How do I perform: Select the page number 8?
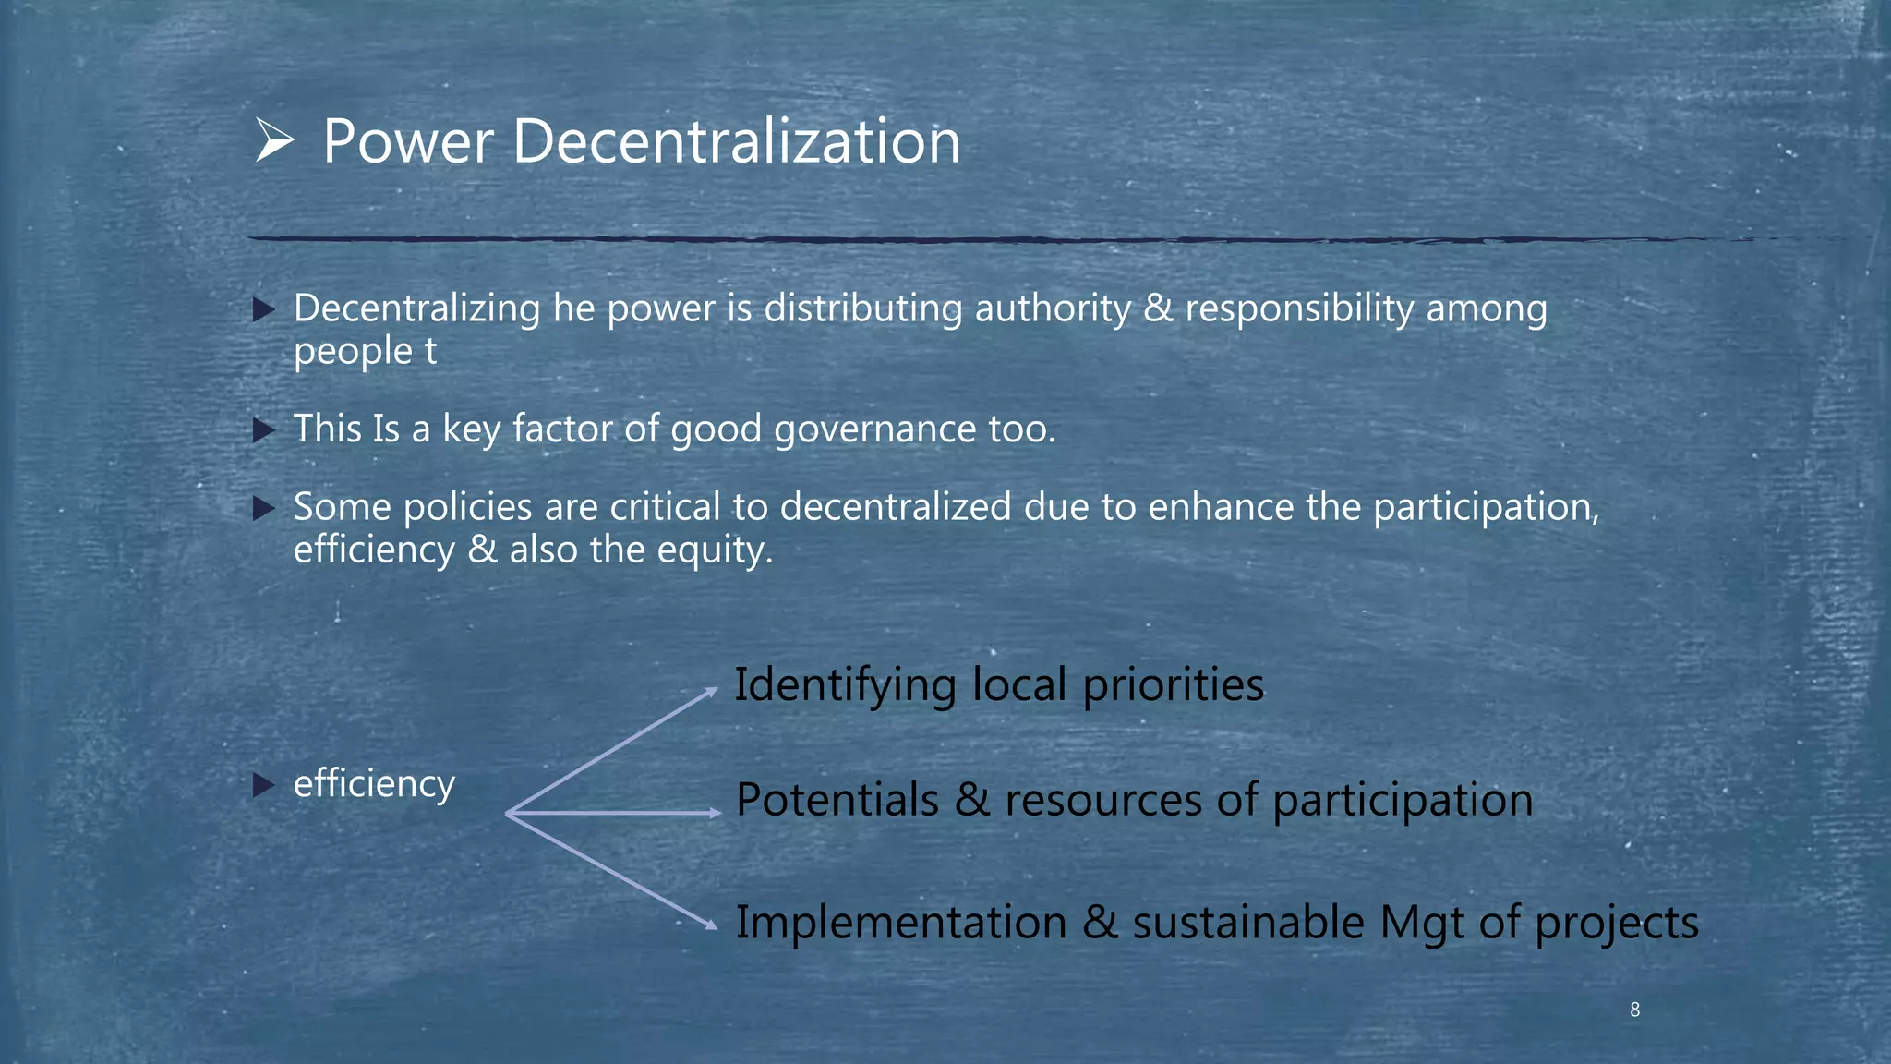click(x=1634, y=1010)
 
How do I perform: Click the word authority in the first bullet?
click(x=1053, y=308)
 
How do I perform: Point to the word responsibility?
click(x=1299, y=308)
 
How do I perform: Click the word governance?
click(x=874, y=429)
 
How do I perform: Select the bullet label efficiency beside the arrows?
click(x=374, y=784)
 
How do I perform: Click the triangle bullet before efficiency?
click(x=264, y=786)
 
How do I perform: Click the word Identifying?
click(x=845, y=685)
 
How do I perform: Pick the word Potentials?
click(x=837, y=800)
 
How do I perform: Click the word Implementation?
click(x=900, y=923)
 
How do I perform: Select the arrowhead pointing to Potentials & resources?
click(x=715, y=813)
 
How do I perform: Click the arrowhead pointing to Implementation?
click(x=710, y=924)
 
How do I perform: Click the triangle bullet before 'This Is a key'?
click(x=264, y=429)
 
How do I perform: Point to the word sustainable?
click(x=1248, y=923)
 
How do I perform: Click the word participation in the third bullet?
click(x=1486, y=508)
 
